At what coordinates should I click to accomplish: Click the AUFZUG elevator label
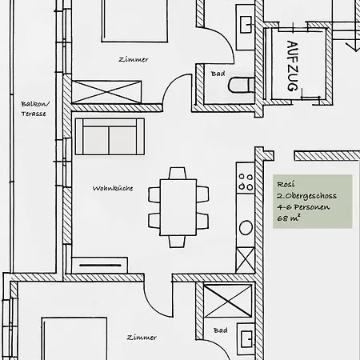click(x=293, y=66)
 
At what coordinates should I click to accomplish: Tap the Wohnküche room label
click(x=113, y=188)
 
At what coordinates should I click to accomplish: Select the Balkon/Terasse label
click(x=34, y=109)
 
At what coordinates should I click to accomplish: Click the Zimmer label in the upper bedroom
click(x=134, y=59)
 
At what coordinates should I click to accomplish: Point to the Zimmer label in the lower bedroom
click(x=142, y=338)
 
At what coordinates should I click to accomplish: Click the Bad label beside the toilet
click(x=218, y=74)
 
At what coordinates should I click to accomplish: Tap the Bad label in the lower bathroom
click(x=221, y=330)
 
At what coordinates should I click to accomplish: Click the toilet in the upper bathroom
click(x=242, y=85)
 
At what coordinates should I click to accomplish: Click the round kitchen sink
click(x=246, y=228)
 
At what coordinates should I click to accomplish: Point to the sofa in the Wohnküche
click(x=110, y=137)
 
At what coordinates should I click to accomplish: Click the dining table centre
click(x=178, y=207)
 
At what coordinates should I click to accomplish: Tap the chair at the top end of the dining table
click(x=178, y=174)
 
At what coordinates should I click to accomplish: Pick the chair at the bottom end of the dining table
click(x=177, y=242)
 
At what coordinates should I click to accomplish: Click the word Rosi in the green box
click(x=286, y=184)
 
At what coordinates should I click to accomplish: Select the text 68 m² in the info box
click(x=289, y=218)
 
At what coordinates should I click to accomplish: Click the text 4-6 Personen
click(x=303, y=207)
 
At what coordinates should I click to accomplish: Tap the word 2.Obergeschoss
click(x=306, y=196)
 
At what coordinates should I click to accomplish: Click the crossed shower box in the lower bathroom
click(x=228, y=301)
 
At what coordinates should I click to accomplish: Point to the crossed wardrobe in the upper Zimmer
click(x=106, y=92)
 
